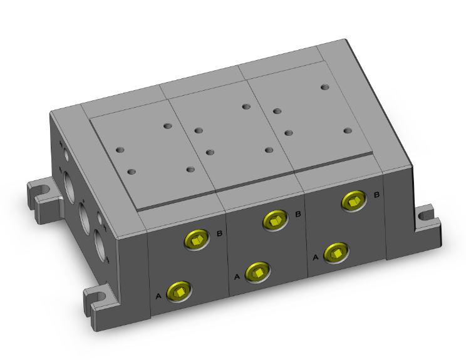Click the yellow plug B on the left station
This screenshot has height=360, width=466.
pyautogui.click(x=197, y=240)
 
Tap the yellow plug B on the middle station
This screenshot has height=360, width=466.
pyautogui.click(x=275, y=220)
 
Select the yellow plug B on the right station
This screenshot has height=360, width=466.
pyautogui.click(x=354, y=201)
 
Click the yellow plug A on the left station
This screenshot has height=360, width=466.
pyautogui.click(x=179, y=292)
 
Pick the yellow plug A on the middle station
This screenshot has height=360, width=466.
pyautogui.click(x=257, y=272)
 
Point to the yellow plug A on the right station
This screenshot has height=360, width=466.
pyautogui.click(x=336, y=253)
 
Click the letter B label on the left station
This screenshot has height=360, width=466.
pyautogui.click(x=220, y=234)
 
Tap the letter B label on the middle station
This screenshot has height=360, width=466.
pyautogui.click(x=298, y=214)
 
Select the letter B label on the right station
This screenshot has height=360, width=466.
pyautogui.click(x=376, y=195)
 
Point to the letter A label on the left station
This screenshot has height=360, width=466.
pyautogui.click(x=158, y=296)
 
